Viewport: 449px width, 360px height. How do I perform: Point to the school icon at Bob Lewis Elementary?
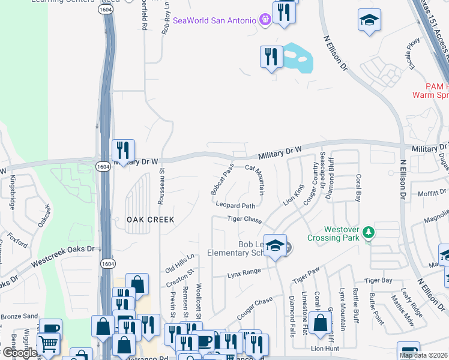[275, 245]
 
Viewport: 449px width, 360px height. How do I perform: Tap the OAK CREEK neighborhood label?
[151, 220]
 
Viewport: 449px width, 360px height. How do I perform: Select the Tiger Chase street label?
[244, 220]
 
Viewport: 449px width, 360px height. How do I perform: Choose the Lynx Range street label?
[244, 273]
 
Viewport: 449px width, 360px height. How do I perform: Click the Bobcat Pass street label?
[221, 179]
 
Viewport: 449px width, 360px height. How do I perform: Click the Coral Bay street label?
[358, 188]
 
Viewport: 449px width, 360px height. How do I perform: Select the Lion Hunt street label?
[325, 348]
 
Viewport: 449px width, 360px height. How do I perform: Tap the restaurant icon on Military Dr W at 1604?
[123, 150]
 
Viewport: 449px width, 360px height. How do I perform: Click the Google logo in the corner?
[20, 353]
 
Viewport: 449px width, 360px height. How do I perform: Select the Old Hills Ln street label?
[180, 262]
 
